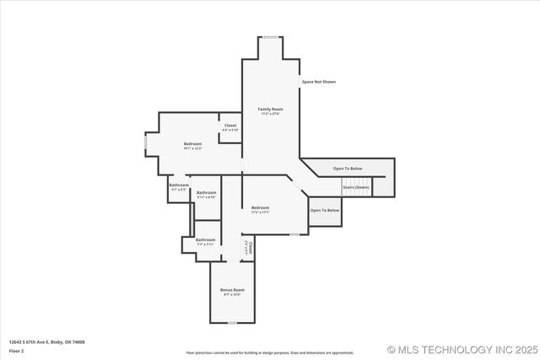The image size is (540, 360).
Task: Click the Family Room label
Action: [x=270, y=109]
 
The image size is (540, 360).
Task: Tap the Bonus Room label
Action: [x=232, y=289]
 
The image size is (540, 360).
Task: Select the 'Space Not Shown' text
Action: [x=319, y=82]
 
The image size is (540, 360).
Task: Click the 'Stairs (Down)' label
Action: [x=356, y=186]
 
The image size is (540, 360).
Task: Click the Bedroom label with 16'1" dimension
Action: [x=192, y=144]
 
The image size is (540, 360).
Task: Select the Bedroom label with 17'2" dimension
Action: [x=259, y=207]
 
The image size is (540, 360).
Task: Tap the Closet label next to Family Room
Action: [x=230, y=126]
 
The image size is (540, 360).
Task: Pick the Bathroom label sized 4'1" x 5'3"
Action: [x=179, y=185]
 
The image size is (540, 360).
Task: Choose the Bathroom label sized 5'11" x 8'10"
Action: [x=206, y=193]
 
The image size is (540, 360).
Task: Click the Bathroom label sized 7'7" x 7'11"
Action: [x=206, y=239]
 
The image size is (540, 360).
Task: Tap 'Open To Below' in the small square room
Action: [x=325, y=210]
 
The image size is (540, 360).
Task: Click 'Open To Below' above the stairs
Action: [x=347, y=169]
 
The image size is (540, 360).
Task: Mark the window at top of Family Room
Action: [x=270, y=37]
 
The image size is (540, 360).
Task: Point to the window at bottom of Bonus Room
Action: [x=232, y=323]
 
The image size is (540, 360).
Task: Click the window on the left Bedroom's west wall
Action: [x=145, y=142]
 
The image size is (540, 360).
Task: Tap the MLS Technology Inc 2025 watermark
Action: [x=462, y=349]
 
